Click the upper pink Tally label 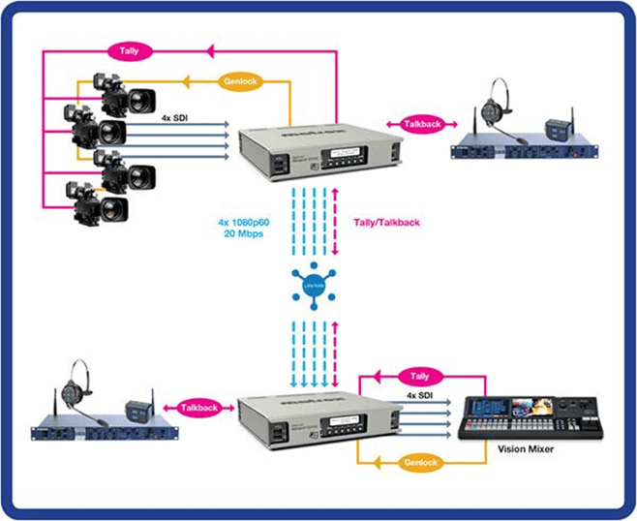click(128, 47)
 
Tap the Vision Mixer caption click(526, 449)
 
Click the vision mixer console click(524, 417)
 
